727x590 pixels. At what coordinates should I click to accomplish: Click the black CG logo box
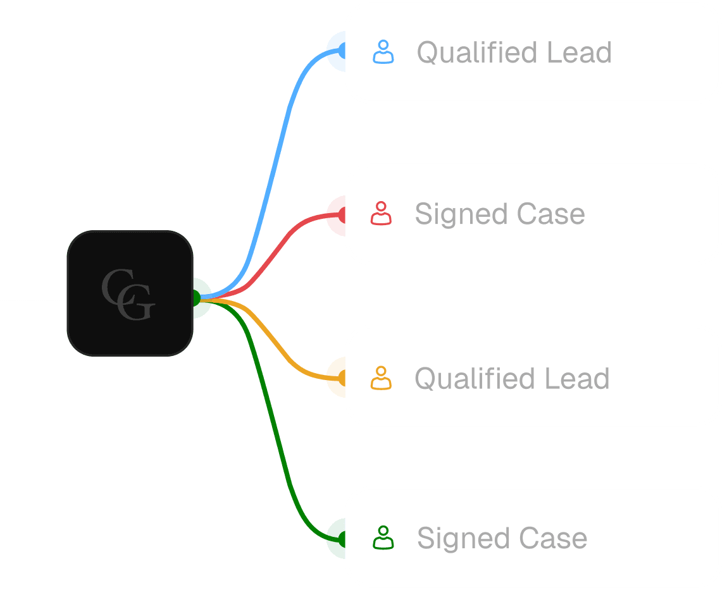pos(130,293)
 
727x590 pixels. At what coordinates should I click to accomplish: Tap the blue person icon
pos(383,52)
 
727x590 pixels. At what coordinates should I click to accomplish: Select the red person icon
pos(381,214)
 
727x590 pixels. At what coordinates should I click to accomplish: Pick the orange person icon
pos(381,378)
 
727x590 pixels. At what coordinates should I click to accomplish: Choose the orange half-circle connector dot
pos(337,378)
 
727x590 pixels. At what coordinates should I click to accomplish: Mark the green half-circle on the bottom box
pos(337,539)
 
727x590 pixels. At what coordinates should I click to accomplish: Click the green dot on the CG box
pos(201,298)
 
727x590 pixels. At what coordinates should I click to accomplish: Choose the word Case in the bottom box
pos(553,538)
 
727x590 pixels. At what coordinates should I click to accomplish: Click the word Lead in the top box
pos(580,52)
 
